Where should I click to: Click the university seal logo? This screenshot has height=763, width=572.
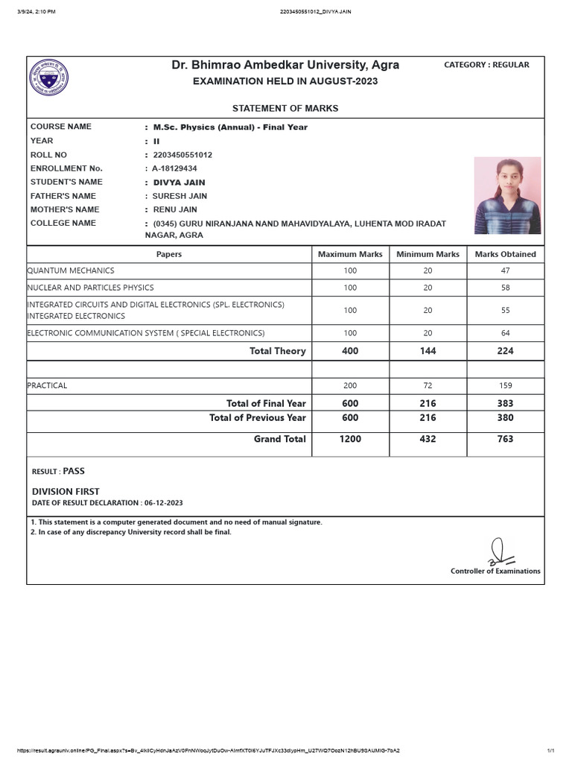pyautogui.click(x=49, y=78)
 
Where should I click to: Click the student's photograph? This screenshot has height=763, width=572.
pyautogui.click(x=507, y=195)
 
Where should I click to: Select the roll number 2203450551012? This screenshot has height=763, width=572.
pyautogui.click(x=182, y=155)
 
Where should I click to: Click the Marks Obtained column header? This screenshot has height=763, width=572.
pyautogui.click(x=505, y=254)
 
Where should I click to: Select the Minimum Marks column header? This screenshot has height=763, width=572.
pyautogui.click(x=428, y=254)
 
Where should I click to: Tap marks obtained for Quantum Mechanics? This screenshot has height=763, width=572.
pyautogui.click(x=505, y=270)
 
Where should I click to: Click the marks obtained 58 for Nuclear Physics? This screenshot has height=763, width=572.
pyautogui.click(x=505, y=288)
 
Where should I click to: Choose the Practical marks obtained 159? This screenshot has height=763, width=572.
pyautogui.click(x=505, y=386)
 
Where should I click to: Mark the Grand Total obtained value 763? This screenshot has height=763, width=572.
pyautogui.click(x=505, y=439)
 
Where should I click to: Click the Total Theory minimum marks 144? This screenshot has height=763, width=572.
pyautogui.click(x=428, y=351)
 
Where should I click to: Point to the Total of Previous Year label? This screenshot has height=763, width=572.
pyautogui.click(x=257, y=418)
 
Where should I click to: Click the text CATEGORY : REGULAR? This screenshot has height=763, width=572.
pyautogui.click(x=486, y=65)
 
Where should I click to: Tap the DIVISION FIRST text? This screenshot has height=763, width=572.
pyautogui.click(x=66, y=492)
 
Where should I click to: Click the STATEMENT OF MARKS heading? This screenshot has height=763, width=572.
pyautogui.click(x=285, y=108)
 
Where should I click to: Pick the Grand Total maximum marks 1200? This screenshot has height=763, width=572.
pyautogui.click(x=350, y=439)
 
